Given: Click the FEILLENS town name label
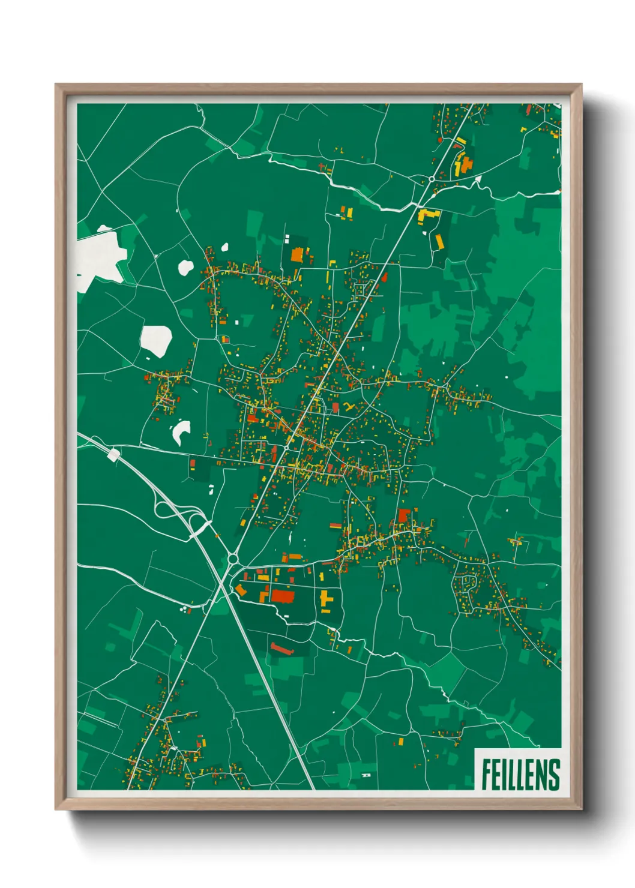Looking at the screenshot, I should coord(520,774).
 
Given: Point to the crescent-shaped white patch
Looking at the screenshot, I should coord(181,431).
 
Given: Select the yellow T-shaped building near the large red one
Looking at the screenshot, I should coord(325,599).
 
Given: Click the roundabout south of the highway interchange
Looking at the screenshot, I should coord(232,559).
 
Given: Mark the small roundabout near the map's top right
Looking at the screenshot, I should coord(432,179).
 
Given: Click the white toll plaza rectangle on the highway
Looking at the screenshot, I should coord(113,455).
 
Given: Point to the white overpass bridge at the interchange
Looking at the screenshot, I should coord(200,527).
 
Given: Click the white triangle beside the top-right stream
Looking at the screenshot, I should coord(478,179).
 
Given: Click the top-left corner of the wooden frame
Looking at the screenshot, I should coord(56,85).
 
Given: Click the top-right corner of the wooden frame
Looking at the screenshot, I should coord(580,85).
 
